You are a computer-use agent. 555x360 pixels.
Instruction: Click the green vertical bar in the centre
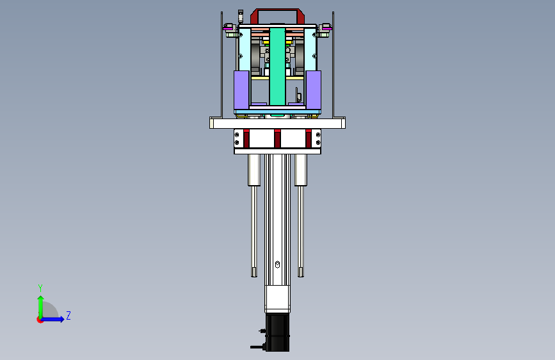tap(277, 67)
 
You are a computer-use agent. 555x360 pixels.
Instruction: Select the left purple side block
tap(241, 90)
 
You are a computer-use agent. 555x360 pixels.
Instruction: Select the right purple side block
tap(313, 90)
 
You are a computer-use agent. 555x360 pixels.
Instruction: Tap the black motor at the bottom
tap(277, 332)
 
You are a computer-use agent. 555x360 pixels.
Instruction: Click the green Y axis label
tap(40, 288)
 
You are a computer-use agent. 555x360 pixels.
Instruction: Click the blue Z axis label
tap(68, 315)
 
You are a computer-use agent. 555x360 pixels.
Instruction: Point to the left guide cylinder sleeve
tap(253, 170)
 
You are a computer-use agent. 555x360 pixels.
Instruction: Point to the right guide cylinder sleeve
tap(301, 170)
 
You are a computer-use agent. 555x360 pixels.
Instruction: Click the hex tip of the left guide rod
tap(253, 272)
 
